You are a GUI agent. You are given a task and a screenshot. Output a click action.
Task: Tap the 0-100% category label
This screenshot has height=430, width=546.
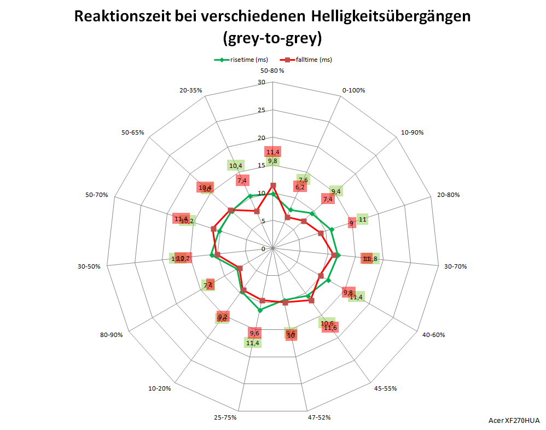click(353, 90)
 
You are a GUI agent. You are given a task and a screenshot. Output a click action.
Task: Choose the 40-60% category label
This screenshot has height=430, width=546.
click(432, 335)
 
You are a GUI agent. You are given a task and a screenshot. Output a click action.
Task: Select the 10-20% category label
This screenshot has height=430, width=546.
click(160, 388)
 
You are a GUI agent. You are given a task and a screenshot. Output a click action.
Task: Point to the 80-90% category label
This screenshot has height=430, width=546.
click(112, 335)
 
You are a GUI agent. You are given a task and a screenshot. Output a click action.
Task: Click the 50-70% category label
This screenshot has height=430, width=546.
click(97, 195)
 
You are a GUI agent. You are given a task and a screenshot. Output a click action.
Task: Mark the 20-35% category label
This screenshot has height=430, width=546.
click(191, 90)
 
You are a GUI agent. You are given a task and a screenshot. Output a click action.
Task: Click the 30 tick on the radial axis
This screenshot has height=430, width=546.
click(261, 83)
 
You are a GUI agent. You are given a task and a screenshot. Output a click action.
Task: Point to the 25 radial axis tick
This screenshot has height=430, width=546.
click(261, 111)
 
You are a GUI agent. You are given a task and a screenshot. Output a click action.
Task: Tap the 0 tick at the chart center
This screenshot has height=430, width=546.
click(263, 249)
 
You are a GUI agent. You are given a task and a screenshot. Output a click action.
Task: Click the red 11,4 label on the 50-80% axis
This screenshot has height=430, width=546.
click(272, 152)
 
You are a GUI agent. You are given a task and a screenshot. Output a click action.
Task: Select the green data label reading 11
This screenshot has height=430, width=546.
click(362, 220)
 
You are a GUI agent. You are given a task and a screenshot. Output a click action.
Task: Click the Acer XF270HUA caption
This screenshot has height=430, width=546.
click(514, 420)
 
